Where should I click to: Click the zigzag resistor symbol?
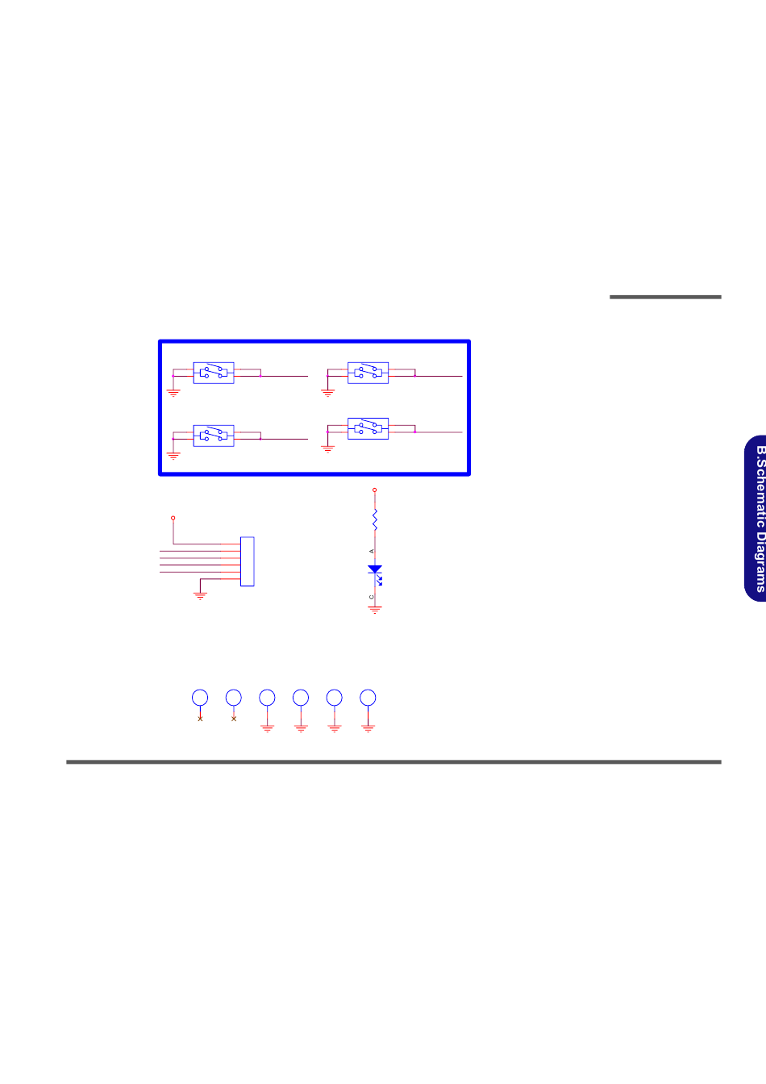(x=375, y=519)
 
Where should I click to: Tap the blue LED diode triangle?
(x=375, y=569)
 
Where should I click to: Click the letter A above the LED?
(x=372, y=551)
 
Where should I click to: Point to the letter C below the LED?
(x=372, y=597)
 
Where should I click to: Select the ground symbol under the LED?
(x=375, y=610)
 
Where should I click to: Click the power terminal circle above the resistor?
(x=374, y=490)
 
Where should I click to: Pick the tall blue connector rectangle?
(x=247, y=561)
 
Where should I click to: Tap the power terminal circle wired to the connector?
(x=173, y=518)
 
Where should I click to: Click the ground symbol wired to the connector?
(x=200, y=596)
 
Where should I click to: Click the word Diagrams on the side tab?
(x=760, y=556)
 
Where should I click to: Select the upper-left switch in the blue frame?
(x=214, y=373)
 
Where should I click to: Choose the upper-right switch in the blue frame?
(x=368, y=373)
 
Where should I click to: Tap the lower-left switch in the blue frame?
(x=214, y=436)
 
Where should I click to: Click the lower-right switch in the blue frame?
(x=368, y=428)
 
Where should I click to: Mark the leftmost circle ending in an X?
(x=200, y=698)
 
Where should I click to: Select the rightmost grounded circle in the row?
(x=368, y=698)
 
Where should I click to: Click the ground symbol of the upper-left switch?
(x=173, y=393)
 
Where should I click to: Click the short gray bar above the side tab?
(x=665, y=297)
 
